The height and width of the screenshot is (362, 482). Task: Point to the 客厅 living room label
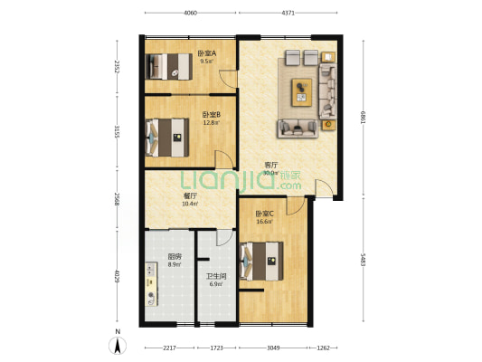270,165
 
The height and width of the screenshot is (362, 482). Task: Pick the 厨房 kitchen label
175,256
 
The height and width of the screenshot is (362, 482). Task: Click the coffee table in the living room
301,90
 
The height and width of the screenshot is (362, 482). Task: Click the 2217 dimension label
169,348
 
